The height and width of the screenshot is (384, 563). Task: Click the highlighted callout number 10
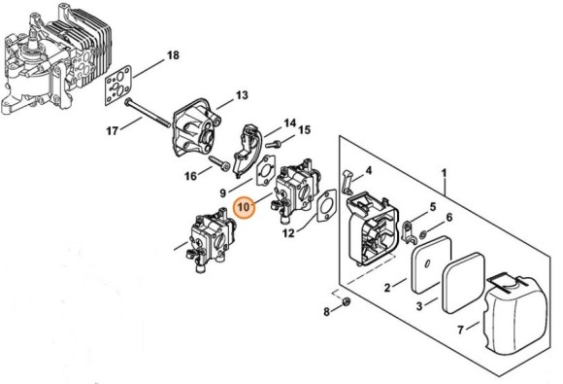point(244,208)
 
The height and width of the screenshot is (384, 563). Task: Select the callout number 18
point(173,55)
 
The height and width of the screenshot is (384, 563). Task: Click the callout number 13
point(242,95)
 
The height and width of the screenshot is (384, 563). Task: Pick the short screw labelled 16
point(218,163)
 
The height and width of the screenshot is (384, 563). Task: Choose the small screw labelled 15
point(273,144)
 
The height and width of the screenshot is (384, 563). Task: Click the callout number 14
point(290,123)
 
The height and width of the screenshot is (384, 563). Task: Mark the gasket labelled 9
point(265,170)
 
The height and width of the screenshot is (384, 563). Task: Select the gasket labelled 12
point(326,206)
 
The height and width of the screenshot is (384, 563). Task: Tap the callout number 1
point(445,173)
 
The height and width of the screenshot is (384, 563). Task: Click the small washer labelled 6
point(423,235)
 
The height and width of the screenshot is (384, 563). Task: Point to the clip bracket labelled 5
point(410,232)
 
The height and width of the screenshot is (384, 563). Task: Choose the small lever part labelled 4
point(347,182)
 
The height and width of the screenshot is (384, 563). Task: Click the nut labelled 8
point(347,302)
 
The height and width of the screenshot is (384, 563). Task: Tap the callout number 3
point(419,306)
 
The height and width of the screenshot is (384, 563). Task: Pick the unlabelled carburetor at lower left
point(211,240)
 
